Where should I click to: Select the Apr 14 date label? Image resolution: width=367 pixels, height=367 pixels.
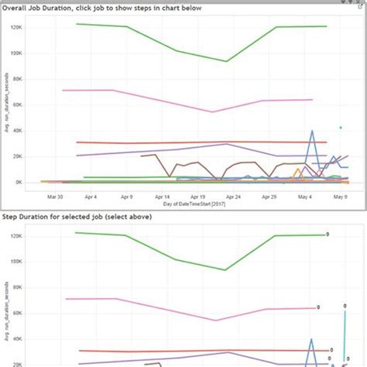pyautogui.click(x=162, y=197)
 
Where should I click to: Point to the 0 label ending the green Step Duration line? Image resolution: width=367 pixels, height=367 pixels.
pyautogui.click(x=328, y=234)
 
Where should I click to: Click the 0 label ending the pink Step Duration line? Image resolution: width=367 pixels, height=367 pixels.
pyautogui.click(x=318, y=307)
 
